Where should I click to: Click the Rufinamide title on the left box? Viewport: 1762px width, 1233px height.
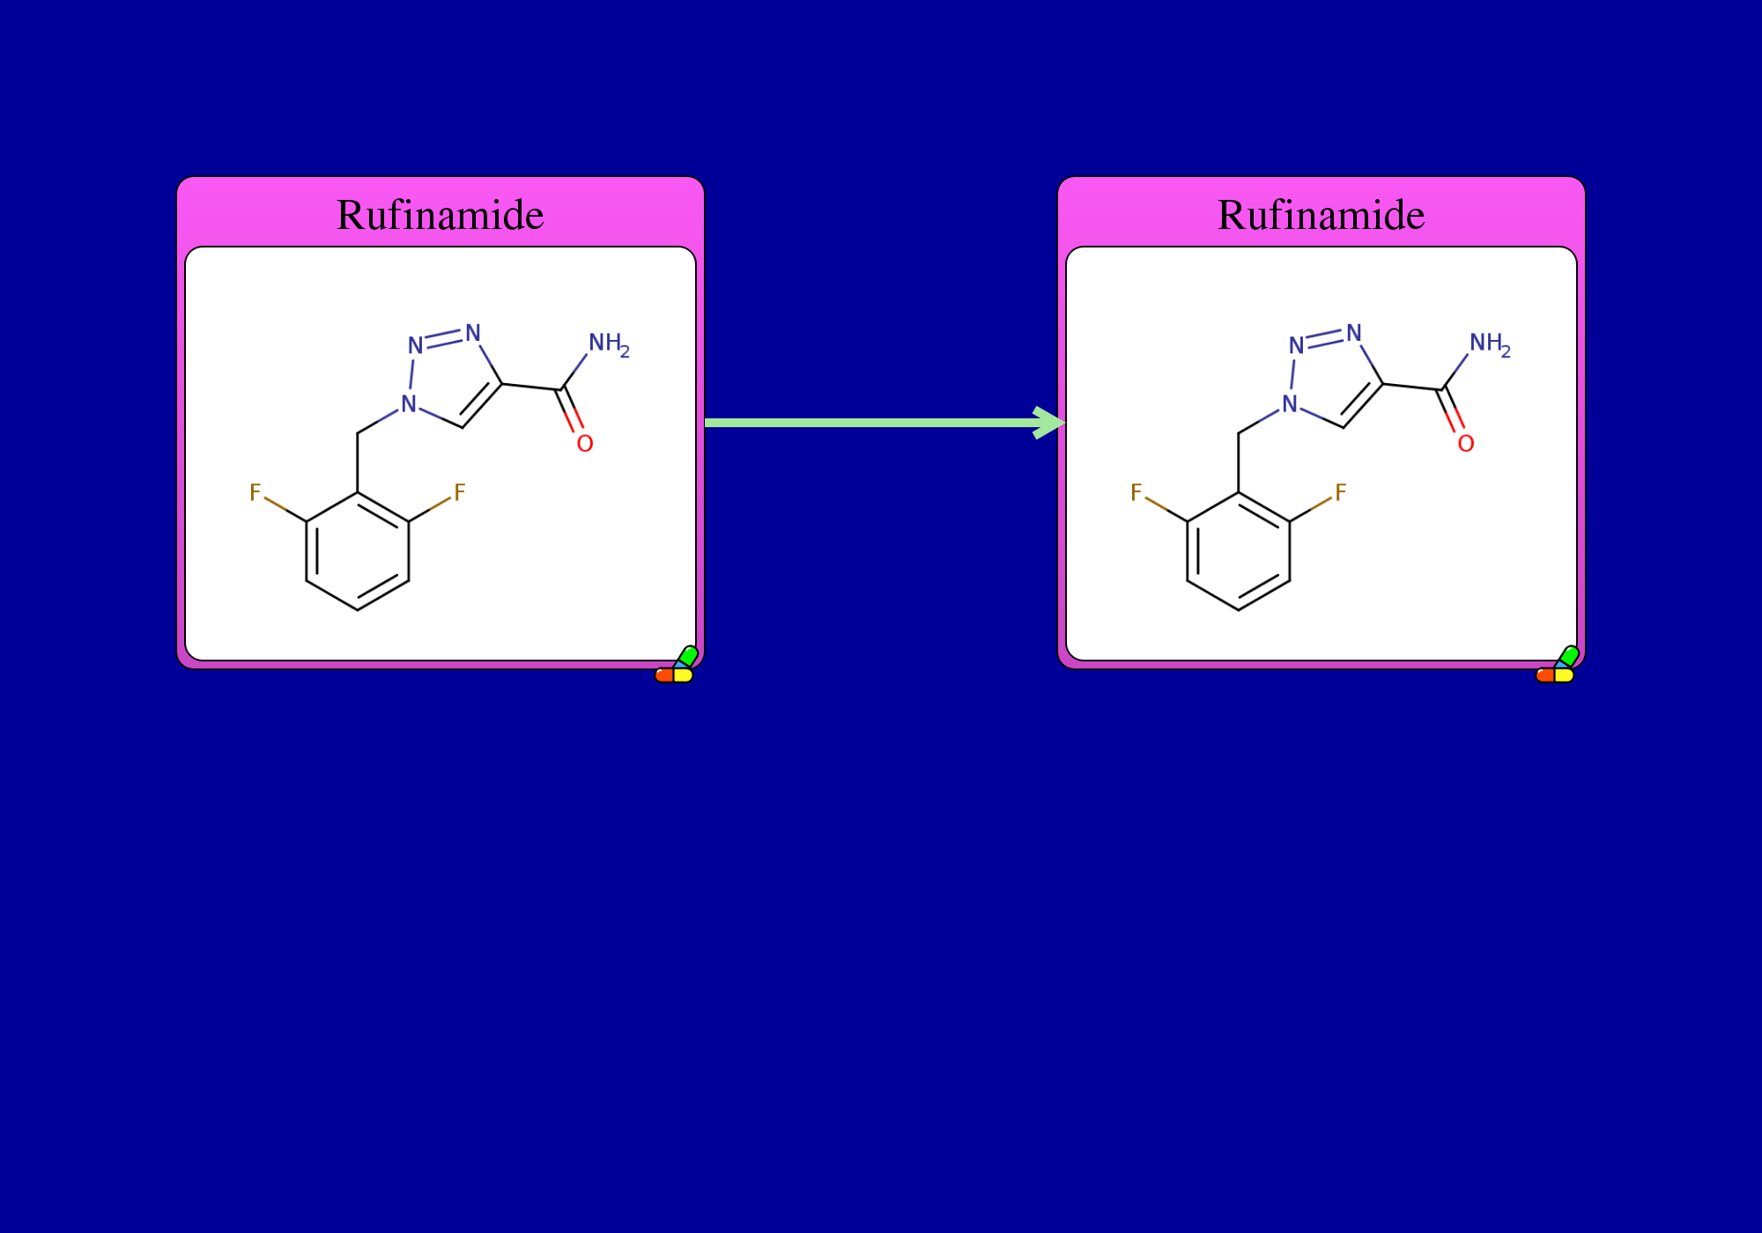tap(440, 215)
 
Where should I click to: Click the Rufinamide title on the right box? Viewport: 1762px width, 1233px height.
tap(1321, 215)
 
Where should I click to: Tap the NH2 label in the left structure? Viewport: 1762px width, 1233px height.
tap(609, 344)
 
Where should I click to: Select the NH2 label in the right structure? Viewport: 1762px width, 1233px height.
tap(1490, 344)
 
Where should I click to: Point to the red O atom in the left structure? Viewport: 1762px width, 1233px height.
tap(585, 443)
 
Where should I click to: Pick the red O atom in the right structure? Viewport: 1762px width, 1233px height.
tap(1466, 443)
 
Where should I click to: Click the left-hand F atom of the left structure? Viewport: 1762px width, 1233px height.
tap(255, 492)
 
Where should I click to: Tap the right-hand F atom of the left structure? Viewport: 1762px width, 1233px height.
tap(460, 492)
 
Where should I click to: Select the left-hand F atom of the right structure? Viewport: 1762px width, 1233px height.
tap(1136, 492)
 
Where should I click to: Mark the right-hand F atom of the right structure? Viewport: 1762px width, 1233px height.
tap(1341, 492)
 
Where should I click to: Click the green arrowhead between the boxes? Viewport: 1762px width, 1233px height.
tap(1049, 423)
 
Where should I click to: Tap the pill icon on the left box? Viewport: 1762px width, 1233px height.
tap(676, 665)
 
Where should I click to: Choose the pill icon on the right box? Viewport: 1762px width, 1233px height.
tap(1557, 665)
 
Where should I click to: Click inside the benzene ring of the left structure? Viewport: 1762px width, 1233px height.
tap(358, 551)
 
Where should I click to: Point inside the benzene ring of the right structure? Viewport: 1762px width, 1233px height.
tap(1239, 551)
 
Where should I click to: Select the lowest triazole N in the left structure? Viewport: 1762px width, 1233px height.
tap(409, 404)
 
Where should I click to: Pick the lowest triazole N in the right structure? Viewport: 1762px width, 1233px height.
tap(1290, 404)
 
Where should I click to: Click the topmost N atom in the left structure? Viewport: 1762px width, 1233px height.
tap(473, 333)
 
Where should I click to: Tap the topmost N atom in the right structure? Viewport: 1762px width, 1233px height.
tap(1354, 333)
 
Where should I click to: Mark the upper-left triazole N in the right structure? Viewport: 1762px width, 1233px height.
tap(1297, 345)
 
